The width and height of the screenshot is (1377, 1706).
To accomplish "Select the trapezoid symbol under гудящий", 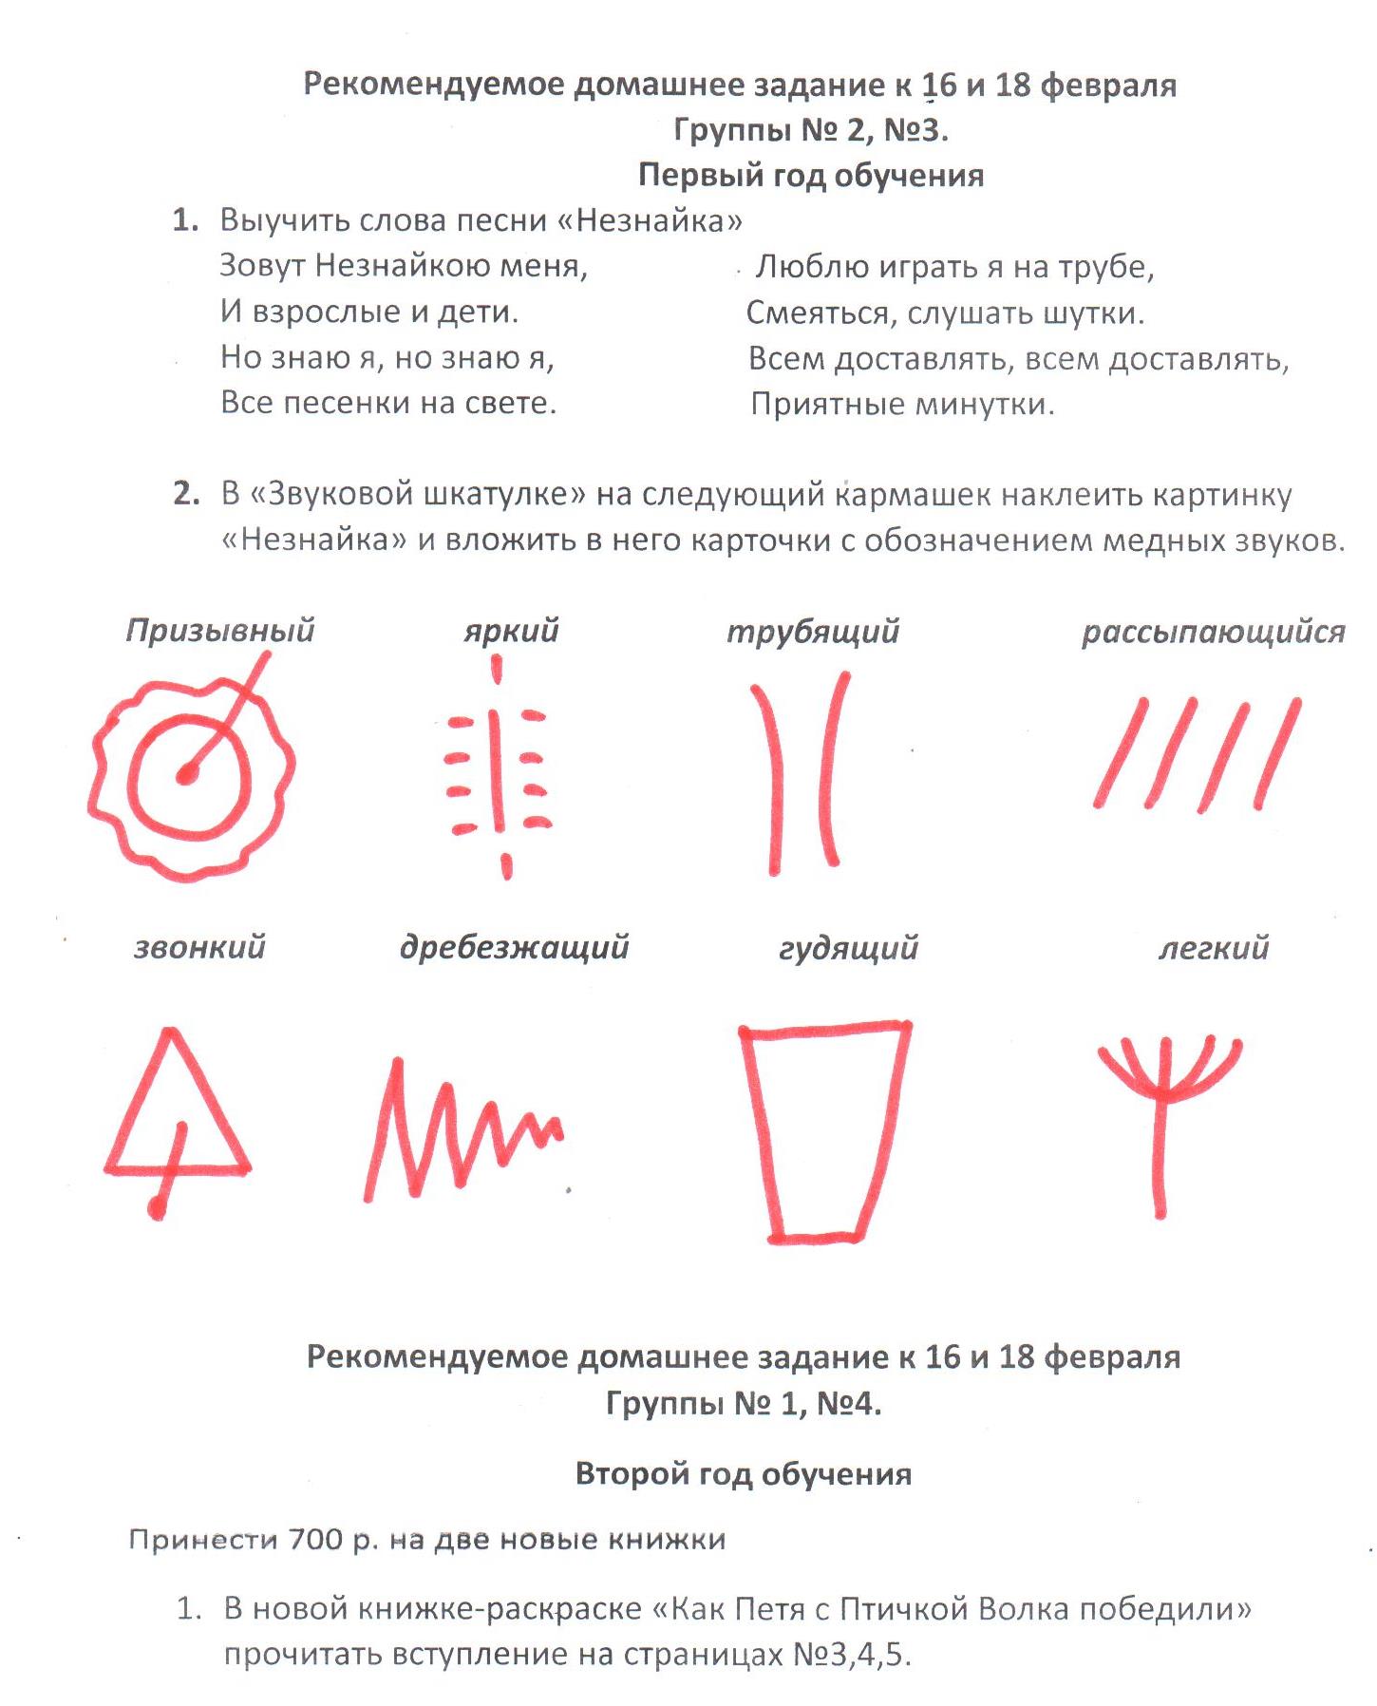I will click(822, 1130).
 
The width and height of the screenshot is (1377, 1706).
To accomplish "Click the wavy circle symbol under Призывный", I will click(190, 774).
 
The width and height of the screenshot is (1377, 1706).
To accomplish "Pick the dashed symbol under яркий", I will click(498, 769).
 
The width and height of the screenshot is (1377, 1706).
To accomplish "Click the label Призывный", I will click(220, 631).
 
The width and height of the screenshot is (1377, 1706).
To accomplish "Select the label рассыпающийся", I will click(1213, 632).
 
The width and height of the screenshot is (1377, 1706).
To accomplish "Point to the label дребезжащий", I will click(514, 947).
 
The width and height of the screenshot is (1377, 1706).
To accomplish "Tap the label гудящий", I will click(848, 948).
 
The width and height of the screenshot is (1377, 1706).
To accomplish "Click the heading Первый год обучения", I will click(810, 175).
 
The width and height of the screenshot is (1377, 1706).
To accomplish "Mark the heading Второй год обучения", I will click(743, 1473).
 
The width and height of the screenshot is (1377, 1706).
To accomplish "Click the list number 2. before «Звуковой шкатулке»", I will click(186, 494).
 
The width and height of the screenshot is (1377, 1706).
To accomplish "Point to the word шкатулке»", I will click(502, 494).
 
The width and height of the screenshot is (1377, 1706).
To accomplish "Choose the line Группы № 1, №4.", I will click(743, 1403).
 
